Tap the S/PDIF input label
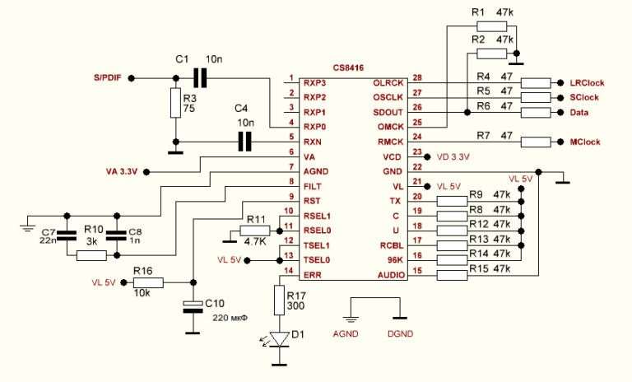(x=109, y=78)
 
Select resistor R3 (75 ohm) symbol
(x=175, y=104)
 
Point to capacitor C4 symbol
(x=244, y=142)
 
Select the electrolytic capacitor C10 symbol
(x=193, y=307)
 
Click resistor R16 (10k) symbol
(x=149, y=282)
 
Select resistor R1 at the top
(x=491, y=26)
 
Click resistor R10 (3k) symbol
(x=91, y=256)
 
